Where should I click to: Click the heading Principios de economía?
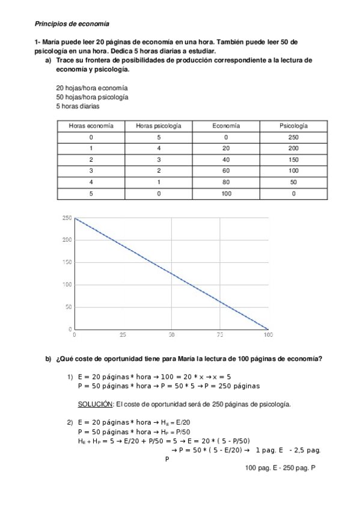(72, 24)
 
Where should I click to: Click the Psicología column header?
(293, 126)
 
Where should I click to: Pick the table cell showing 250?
(293, 137)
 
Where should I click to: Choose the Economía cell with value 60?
(226, 171)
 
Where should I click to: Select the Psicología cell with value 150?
(293, 160)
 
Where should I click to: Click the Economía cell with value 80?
(226, 182)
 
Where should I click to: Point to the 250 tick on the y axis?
(67, 218)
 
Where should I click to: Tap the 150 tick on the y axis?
(67, 262)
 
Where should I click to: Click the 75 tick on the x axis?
(220, 334)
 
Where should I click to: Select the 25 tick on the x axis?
(123, 334)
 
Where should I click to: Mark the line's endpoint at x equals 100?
(268, 329)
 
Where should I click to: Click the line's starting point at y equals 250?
(75, 218)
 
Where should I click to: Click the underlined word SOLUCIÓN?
(95, 404)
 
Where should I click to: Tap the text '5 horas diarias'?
(78, 106)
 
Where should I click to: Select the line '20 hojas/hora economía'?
(91, 87)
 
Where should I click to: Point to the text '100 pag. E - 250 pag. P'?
(281, 467)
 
